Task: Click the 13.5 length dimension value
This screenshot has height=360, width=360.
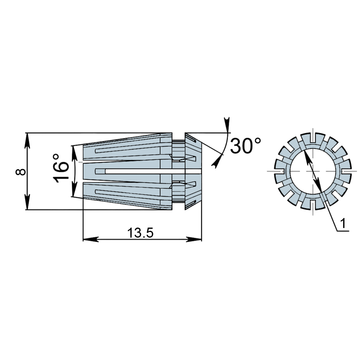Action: [x=140, y=233]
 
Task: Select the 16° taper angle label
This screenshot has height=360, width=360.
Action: [x=61, y=168]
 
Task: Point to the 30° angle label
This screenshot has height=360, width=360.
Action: [x=246, y=146]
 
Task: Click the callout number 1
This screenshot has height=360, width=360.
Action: [x=343, y=223]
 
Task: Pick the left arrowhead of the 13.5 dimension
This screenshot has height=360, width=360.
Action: [x=91, y=239]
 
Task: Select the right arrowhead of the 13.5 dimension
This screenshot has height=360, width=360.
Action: [x=194, y=239]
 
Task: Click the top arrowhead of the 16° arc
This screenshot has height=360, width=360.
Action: [x=74, y=153]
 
